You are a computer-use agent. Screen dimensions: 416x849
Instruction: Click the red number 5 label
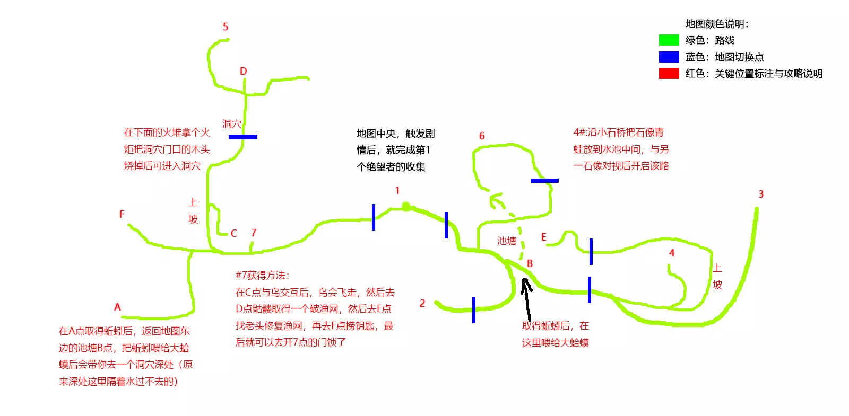click(x=226, y=26)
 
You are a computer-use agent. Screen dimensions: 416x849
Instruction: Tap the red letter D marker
click(x=243, y=71)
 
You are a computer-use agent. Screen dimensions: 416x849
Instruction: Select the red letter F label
click(x=122, y=214)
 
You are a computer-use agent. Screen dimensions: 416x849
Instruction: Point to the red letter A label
click(x=117, y=307)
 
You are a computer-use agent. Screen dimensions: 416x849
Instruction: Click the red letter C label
click(x=233, y=233)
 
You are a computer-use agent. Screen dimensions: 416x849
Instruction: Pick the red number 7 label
click(x=254, y=233)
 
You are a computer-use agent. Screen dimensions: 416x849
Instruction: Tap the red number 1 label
click(x=397, y=190)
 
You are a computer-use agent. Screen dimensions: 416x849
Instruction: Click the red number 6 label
click(x=482, y=136)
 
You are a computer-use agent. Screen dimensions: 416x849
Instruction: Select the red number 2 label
click(x=422, y=303)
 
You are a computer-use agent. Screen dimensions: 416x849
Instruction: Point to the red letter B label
click(x=530, y=263)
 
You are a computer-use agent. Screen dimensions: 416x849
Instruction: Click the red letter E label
click(x=543, y=237)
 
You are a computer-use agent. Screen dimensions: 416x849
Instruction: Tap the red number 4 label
click(x=672, y=253)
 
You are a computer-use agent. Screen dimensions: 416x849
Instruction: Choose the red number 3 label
click(x=761, y=194)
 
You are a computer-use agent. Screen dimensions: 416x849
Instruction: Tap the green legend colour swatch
click(x=669, y=40)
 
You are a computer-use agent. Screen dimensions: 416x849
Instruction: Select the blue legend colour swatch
click(x=669, y=57)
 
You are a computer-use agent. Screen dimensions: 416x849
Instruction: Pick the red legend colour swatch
click(x=669, y=73)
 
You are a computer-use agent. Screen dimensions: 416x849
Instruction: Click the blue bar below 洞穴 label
click(x=243, y=137)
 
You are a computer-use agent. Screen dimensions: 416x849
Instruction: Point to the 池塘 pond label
click(x=506, y=241)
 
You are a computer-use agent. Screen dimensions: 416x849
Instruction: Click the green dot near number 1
click(x=406, y=206)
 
